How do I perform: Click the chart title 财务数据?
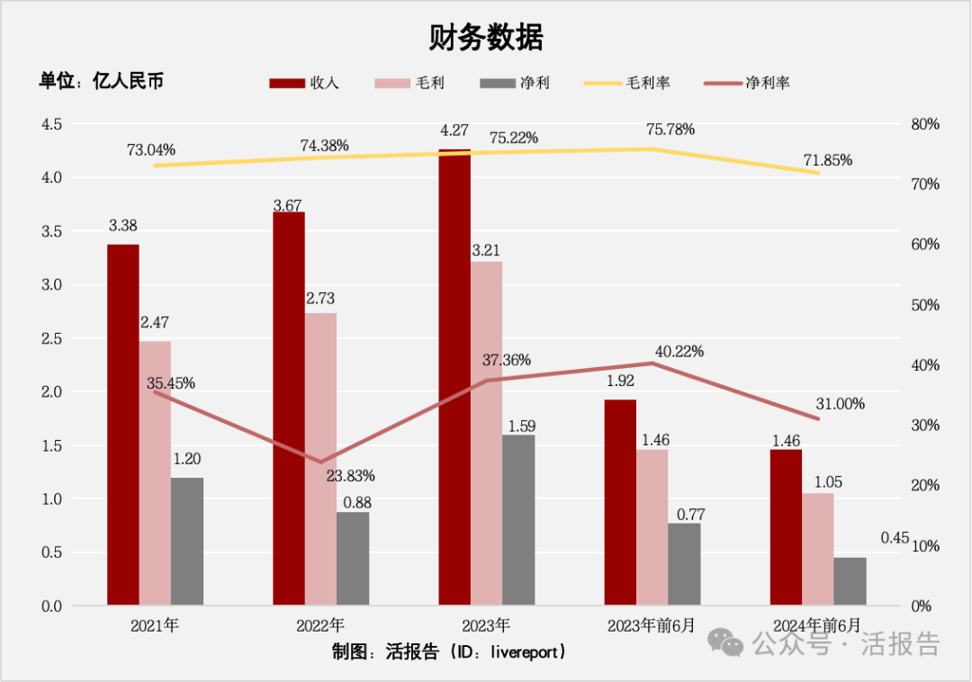485,38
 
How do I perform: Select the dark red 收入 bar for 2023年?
454,378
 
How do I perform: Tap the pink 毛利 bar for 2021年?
154,472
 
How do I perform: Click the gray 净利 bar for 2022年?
353,558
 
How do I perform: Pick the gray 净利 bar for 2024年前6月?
850,581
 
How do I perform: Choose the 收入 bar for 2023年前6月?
620,502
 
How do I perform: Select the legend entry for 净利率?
747,83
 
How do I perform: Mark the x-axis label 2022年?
319,625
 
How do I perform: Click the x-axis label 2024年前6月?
817,625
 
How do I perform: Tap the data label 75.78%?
670,129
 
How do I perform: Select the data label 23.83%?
350,475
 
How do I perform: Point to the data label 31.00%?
840,404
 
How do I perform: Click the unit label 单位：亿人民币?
101,81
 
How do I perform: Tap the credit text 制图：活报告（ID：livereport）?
450,651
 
